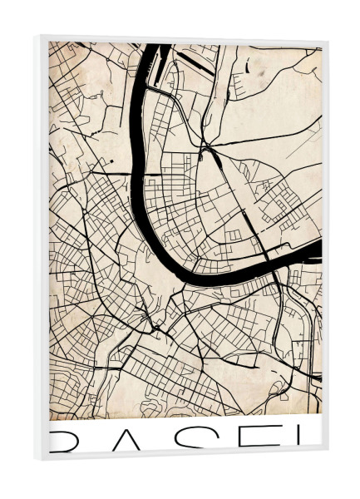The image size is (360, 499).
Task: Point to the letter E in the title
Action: coord(254,440)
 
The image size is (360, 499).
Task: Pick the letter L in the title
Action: coord(308,440)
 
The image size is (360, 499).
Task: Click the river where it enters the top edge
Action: coord(155,48)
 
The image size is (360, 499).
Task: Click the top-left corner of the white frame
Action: coord(38,37)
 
